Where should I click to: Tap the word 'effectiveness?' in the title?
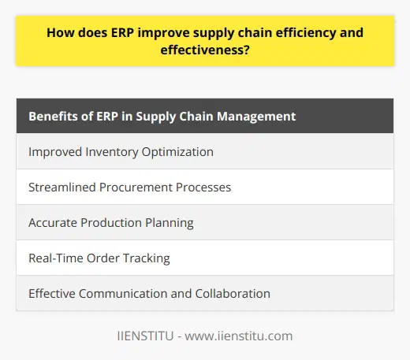205,51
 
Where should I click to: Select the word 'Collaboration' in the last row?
235,294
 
